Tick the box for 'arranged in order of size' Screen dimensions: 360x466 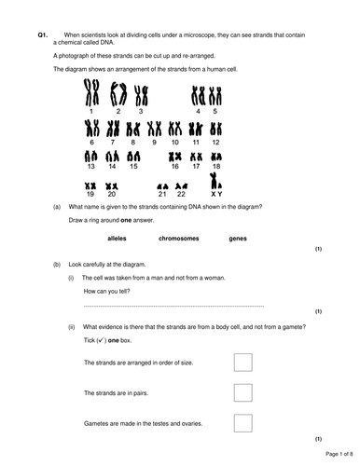tap(242, 363)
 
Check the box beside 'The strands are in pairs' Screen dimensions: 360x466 tap(242, 392)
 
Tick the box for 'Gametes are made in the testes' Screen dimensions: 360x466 tap(242, 422)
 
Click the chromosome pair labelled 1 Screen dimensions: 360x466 tap(91, 91)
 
